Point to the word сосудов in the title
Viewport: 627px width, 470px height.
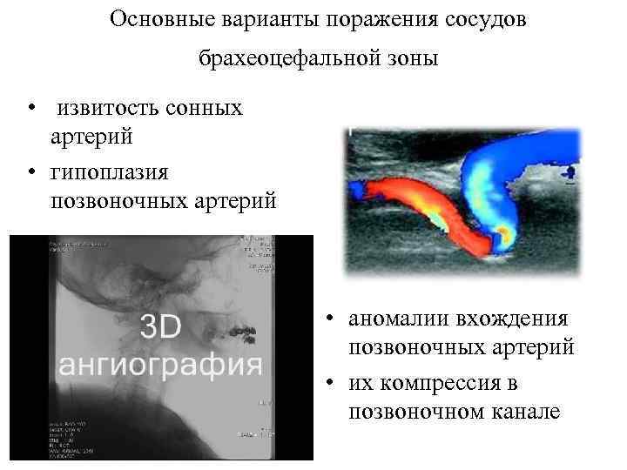482,19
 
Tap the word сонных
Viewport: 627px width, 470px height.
210,110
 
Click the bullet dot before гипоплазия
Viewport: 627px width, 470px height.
31,171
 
